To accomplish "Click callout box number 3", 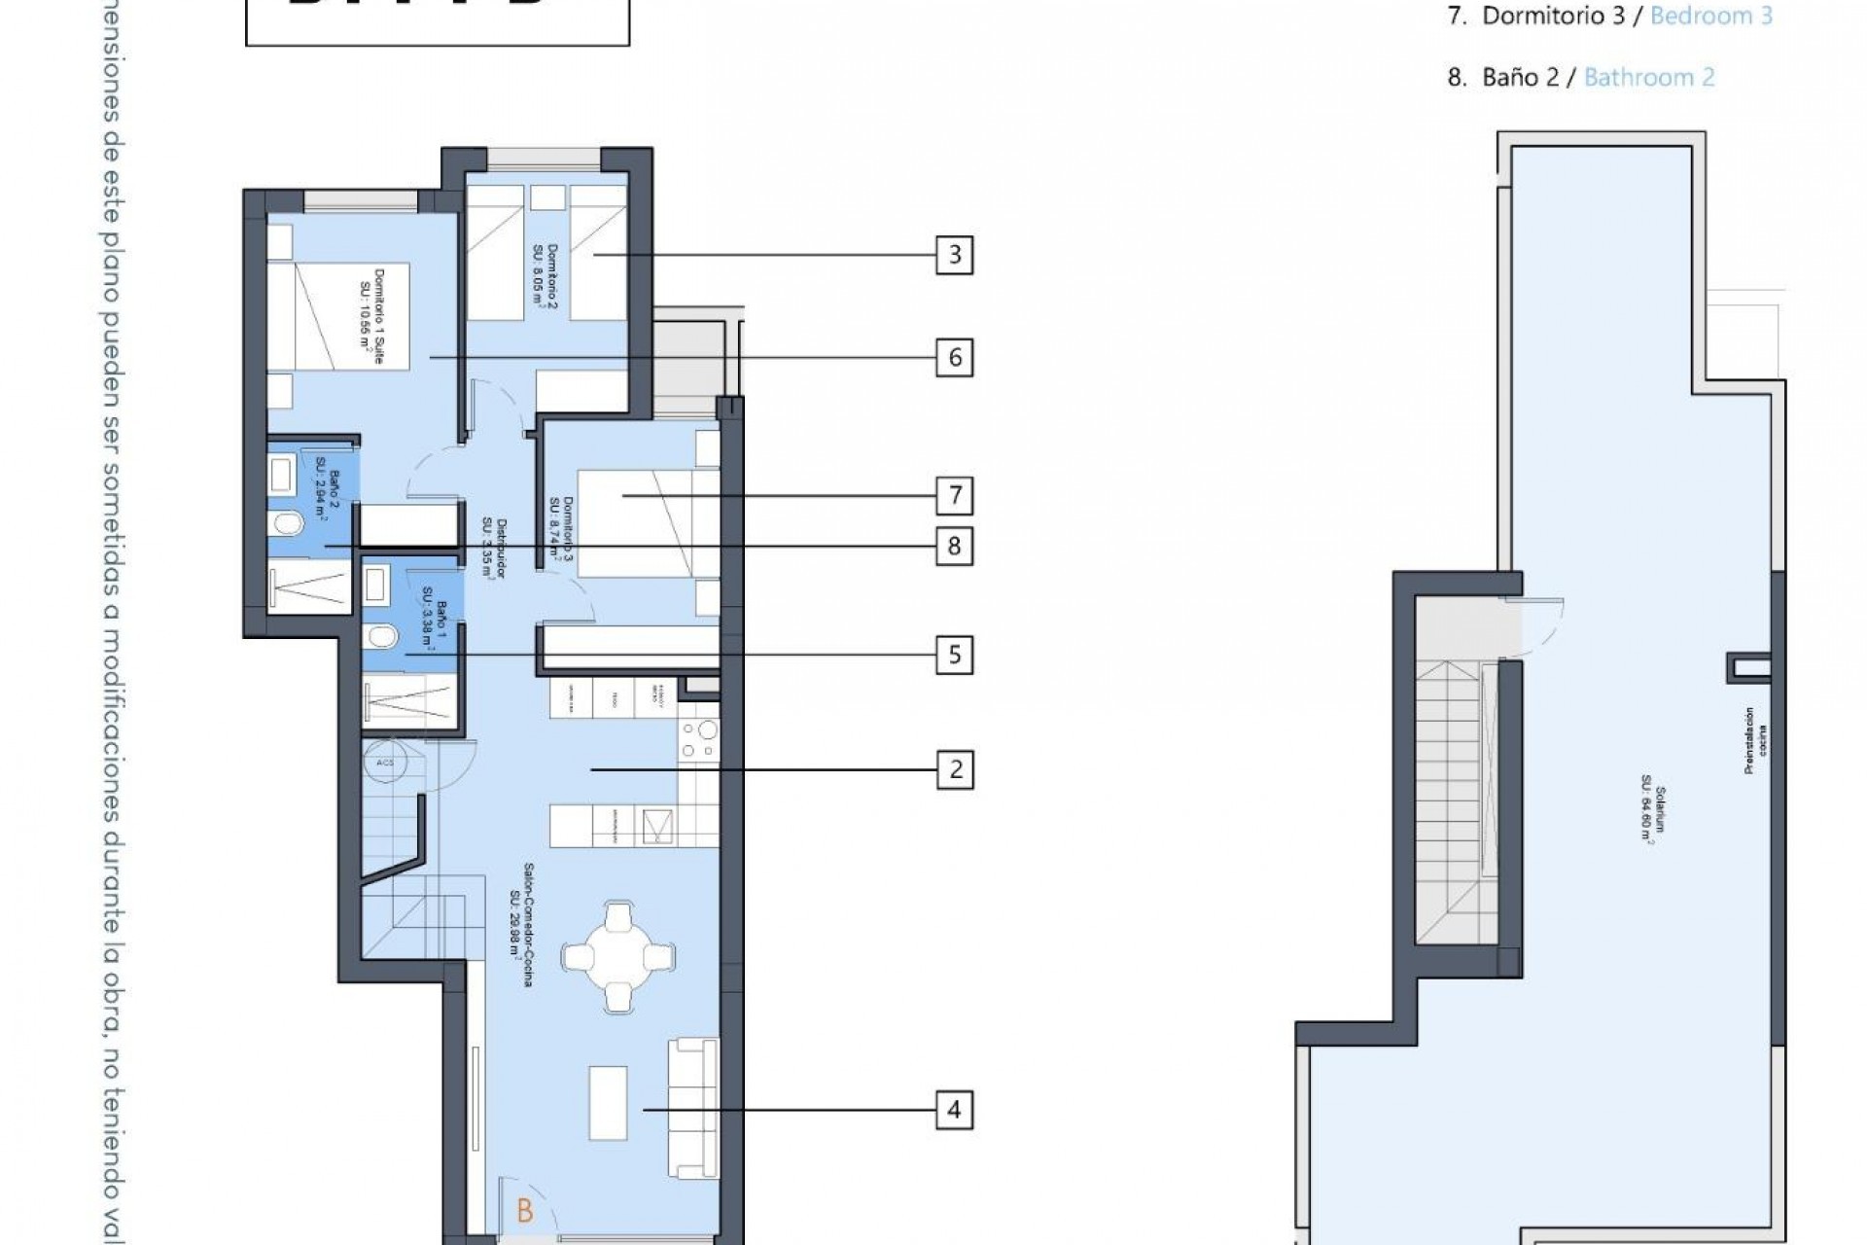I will point(954,255).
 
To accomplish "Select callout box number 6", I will point(954,358).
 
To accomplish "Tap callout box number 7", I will point(954,496).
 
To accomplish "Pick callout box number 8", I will point(954,546).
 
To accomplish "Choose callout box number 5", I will point(954,655).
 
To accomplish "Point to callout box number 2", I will point(954,769).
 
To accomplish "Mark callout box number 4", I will point(954,1109).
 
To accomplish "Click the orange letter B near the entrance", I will point(525,1211).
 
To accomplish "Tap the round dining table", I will point(618,957).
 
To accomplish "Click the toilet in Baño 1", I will point(380,637).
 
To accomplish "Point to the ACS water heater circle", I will point(385,763).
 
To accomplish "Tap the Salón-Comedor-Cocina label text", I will point(521,924).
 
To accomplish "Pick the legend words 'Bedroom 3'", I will point(1710,16).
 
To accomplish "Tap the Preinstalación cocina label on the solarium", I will point(1754,740).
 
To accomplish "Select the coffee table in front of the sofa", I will point(608,1104).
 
